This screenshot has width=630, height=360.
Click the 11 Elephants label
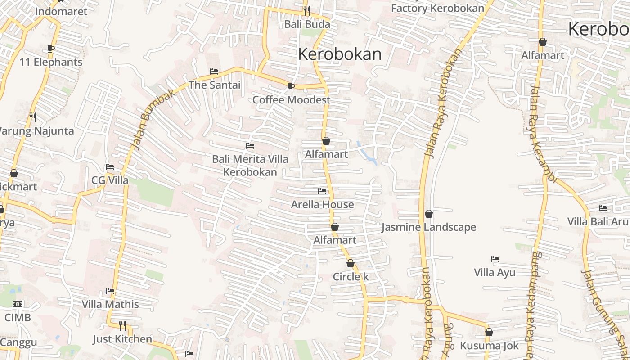[x=51, y=62]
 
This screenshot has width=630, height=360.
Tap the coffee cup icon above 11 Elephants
[x=51, y=49]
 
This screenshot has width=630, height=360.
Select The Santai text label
[x=214, y=85]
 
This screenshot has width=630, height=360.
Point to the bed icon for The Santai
[x=214, y=72]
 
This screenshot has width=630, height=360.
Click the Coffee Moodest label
[x=291, y=100]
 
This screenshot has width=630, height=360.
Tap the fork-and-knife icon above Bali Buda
[x=307, y=10]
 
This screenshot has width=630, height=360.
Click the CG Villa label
[x=110, y=180]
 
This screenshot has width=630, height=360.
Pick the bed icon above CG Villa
[x=110, y=167]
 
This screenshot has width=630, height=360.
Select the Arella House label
[x=322, y=205]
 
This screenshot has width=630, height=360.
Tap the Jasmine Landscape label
[x=428, y=227]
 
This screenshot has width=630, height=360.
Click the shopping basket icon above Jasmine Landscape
[x=429, y=214]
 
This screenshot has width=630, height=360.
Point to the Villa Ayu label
[x=495, y=273]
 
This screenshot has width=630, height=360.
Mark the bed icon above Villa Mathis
[x=110, y=291]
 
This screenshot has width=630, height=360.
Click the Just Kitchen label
[x=122, y=339]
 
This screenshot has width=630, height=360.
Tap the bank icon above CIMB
[x=18, y=304]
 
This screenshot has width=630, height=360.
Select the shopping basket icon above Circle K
[x=351, y=263]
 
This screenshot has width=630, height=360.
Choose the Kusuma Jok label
[x=489, y=346]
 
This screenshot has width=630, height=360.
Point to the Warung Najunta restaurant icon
[x=32, y=117]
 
